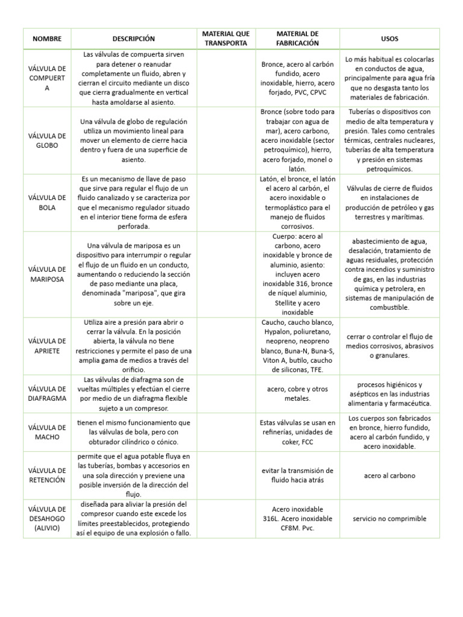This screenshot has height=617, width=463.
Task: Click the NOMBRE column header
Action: [47, 39]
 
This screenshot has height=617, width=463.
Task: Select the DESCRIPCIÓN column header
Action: [133, 39]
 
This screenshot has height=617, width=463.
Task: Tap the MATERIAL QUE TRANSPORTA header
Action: [225, 39]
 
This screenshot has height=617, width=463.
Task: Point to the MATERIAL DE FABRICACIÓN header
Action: [297, 39]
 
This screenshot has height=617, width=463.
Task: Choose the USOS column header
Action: [389, 39]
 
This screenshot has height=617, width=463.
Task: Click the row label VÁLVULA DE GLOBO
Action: [47, 141]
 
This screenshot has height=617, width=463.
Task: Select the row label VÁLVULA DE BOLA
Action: [47, 202]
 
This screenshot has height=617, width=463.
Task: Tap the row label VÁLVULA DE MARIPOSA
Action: [47, 274]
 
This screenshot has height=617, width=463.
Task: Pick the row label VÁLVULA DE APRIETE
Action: [47, 346]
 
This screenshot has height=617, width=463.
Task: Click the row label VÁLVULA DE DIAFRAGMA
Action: [47, 393]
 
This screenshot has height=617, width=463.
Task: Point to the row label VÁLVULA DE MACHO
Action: [47, 432]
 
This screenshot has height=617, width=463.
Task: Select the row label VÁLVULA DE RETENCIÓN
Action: [47, 475]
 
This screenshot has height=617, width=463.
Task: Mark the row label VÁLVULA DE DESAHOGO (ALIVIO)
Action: [47, 518]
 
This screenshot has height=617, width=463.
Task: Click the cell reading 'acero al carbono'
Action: [389, 475]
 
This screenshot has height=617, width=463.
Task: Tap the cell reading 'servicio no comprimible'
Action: [389, 518]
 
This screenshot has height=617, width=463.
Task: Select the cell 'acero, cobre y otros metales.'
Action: [297, 393]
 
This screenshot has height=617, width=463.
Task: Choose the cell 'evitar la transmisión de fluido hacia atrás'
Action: [297, 475]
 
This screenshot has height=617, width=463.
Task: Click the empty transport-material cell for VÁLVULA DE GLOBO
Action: [225, 141]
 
